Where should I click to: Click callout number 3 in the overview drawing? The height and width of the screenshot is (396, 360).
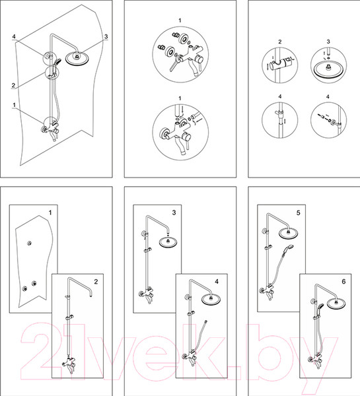click(106, 36)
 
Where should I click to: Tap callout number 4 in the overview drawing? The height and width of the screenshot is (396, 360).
click(14, 36)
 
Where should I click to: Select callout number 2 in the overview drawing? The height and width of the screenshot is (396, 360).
click(13, 85)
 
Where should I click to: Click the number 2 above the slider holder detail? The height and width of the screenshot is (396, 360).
click(280, 42)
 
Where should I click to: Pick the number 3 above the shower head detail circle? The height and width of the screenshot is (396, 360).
click(328, 42)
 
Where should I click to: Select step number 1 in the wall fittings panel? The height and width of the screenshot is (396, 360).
click(50, 213)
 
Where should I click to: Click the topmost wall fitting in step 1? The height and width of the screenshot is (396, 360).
click(30, 243)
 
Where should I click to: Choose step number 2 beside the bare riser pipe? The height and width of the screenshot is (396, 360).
click(96, 282)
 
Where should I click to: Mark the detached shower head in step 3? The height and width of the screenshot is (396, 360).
click(168, 242)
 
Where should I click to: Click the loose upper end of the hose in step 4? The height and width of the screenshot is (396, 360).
click(206, 322)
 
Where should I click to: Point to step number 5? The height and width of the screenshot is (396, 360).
click(299, 213)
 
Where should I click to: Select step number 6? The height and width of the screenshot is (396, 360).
click(343, 282)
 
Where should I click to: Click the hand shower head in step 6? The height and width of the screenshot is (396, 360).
click(320, 306)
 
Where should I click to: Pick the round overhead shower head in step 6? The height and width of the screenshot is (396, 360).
click(336, 304)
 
